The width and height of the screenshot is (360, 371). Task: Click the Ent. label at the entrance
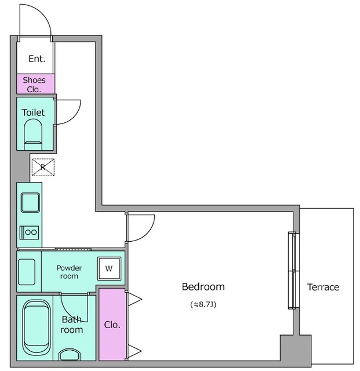pyautogui.click(x=37, y=59)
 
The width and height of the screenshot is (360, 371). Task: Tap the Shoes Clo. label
pyautogui.click(x=34, y=85)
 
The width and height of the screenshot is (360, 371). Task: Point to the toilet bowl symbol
pyautogui.click(x=34, y=134)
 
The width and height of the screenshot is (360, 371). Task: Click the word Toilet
pyautogui.click(x=33, y=112)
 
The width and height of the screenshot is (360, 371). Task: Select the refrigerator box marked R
pyautogui.click(x=43, y=168)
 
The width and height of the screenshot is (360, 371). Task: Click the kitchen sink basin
pyautogui.click(x=30, y=203)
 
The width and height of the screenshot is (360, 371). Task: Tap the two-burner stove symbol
pyautogui.click(x=29, y=232)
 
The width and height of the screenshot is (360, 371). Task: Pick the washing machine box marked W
pyautogui.click(x=109, y=268)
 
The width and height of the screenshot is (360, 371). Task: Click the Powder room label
pyautogui.click(x=69, y=272)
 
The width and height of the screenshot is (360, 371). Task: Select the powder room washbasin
pyautogui.click(x=27, y=272)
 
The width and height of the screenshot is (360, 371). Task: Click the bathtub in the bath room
pyautogui.click(x=37, y=328)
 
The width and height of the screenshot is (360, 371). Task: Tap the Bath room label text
pyautogui.click(x=72, y=325)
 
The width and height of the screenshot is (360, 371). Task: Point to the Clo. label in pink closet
pyautogui.click(x=112, y=325)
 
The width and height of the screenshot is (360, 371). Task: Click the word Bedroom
pyautogui.click(x=203, y=287)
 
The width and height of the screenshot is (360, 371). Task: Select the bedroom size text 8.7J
pyautogui.click(x=203, y=304)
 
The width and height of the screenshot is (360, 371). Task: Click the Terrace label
pyautogui.click(x=323, y=288)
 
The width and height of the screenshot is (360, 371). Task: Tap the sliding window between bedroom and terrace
pyautogui.click(x=293, y=271)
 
